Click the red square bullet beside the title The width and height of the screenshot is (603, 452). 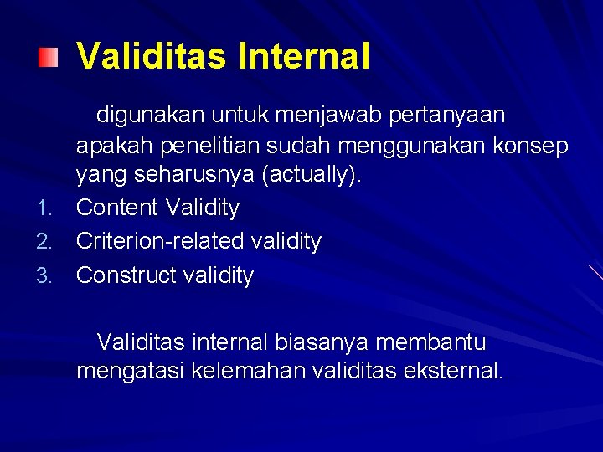click(x=49, y=58)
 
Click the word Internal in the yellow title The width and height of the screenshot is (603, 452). click(x=304, y=57)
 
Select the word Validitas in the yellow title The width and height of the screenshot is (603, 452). click(x=152, y=57)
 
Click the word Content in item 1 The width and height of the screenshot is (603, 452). click(x=117, y=208)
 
